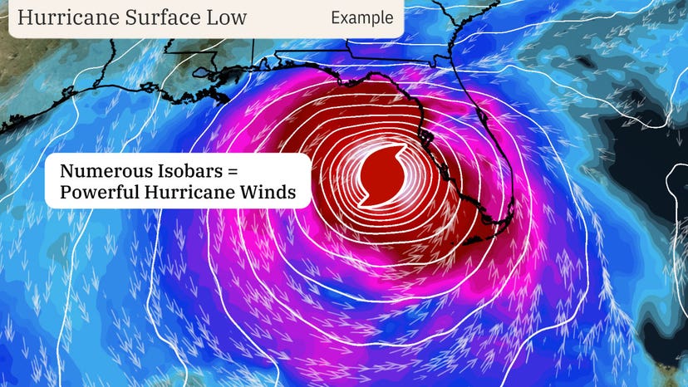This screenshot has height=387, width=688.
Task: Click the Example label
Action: tap(361, 17)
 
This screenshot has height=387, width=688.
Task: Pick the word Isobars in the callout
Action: tap(189, 172)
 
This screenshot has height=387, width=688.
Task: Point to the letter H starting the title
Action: tap(24, 17)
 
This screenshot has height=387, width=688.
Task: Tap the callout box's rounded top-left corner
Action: tap(48, 156)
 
